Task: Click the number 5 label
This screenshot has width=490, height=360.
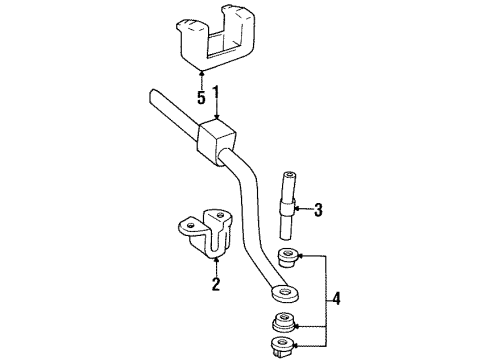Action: (x=201, y=99)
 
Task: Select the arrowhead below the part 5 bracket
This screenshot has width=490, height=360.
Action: (x=202, y=74)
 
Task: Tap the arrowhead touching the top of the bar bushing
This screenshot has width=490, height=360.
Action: (x=216, y=120)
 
